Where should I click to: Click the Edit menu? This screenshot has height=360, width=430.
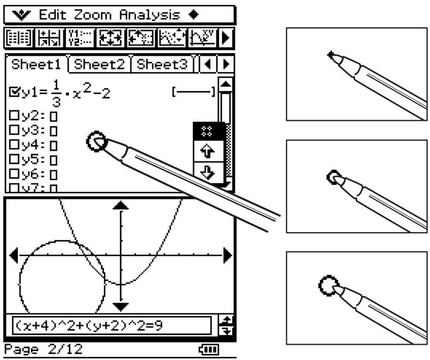pyautogui.click(x=52, y=15)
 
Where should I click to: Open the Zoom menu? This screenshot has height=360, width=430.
pyautogui.click(x=93, y=15)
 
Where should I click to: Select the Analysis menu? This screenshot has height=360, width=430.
pyautogui.click(x=150, y=15)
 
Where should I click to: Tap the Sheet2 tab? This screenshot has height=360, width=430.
pyautogui.click(x=99, y=64)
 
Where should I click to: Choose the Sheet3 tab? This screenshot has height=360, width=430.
pyautogui.click(x=162, y=64)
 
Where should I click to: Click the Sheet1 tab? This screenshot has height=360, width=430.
pyautogui.click(x=36, y=64)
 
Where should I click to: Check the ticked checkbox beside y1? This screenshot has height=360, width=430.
pyautogui.click(x=14, y=92)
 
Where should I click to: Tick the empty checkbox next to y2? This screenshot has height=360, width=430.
pyautogui.click(x=14, y=115)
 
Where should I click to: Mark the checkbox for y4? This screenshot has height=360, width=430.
pyautogui.click(x=14, y=144)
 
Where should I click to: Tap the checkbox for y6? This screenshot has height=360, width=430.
pyautogui.click(x=14, y=174)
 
